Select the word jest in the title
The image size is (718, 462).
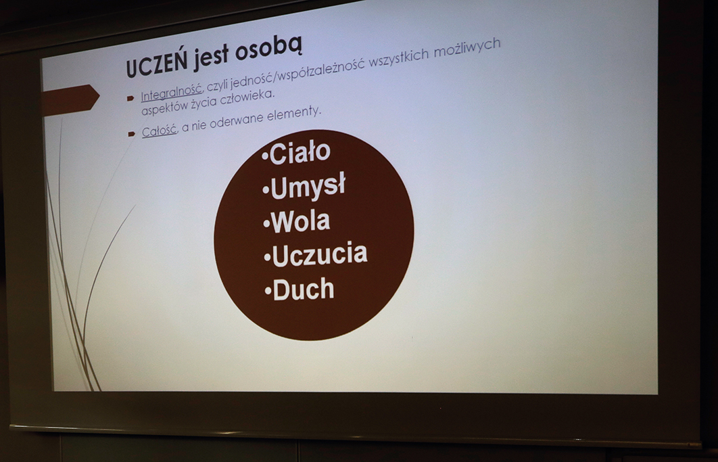click(211, 57)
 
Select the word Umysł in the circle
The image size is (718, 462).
click(308, 187)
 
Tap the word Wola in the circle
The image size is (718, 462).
click(300, 221)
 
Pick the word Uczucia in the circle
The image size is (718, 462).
click(320, 255)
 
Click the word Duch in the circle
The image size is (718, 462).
click(304, 290)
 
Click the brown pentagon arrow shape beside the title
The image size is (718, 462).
click(70, 99)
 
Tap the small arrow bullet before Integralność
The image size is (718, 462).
click(130, 98)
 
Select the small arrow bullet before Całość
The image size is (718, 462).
click(132, 134)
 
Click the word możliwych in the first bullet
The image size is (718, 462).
click(467, 48)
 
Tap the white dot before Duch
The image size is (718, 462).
click(268, 291)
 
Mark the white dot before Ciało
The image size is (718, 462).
click(265, 157)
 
